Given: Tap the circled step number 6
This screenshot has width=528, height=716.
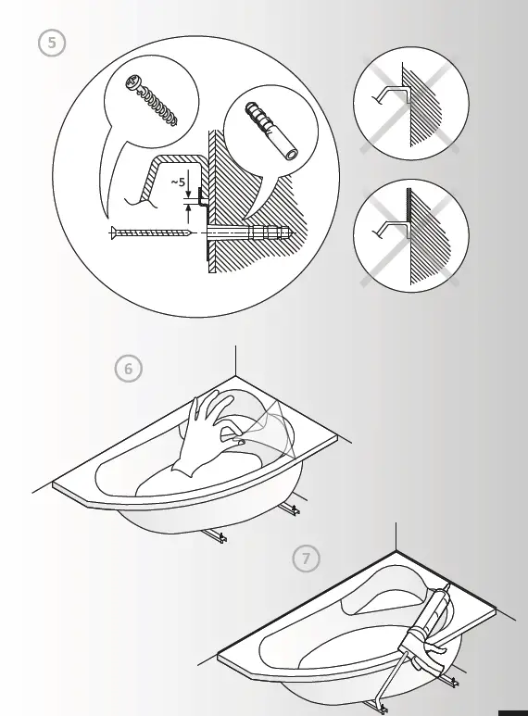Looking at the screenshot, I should pyautogui.click(x=129, y=369).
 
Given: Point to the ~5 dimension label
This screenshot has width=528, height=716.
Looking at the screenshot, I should pyautogui.click(x=178, y=183).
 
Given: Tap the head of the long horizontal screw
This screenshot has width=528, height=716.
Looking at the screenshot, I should pyautogui.click(x=113, y=232).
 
